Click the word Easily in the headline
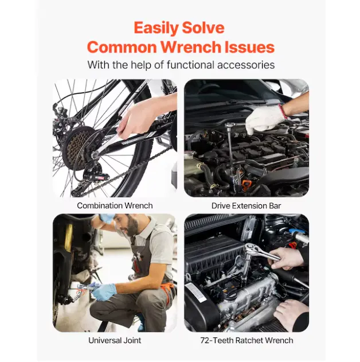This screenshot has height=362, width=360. click(156, 28)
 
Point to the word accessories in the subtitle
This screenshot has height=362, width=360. click(246, 65)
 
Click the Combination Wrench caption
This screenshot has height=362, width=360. click(115, 205)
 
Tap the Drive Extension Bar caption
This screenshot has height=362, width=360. click(246, 206)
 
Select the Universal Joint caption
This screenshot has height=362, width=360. click(115, 340)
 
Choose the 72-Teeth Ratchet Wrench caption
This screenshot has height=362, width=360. click(246, 340)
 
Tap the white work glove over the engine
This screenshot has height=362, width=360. click(265, 120)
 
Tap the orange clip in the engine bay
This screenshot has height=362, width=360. click(246, 184)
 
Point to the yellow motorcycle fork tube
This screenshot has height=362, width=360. click(68, 238)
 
